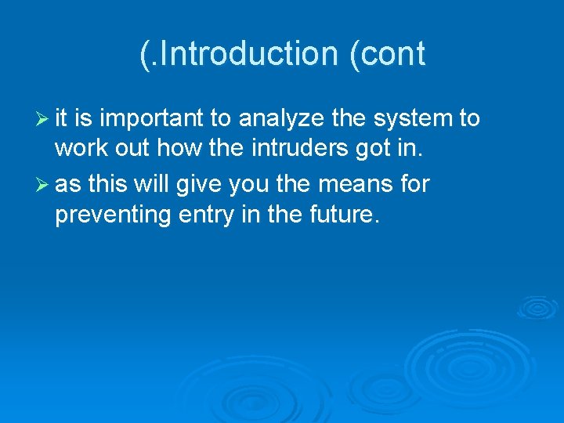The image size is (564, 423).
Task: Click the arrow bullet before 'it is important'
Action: pyautogui.click(x=42, y=119)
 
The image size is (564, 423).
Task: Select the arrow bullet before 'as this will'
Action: pyautogui.click(x=42, y=185)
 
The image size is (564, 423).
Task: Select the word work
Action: pyautogui.click(x=78, y=150)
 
